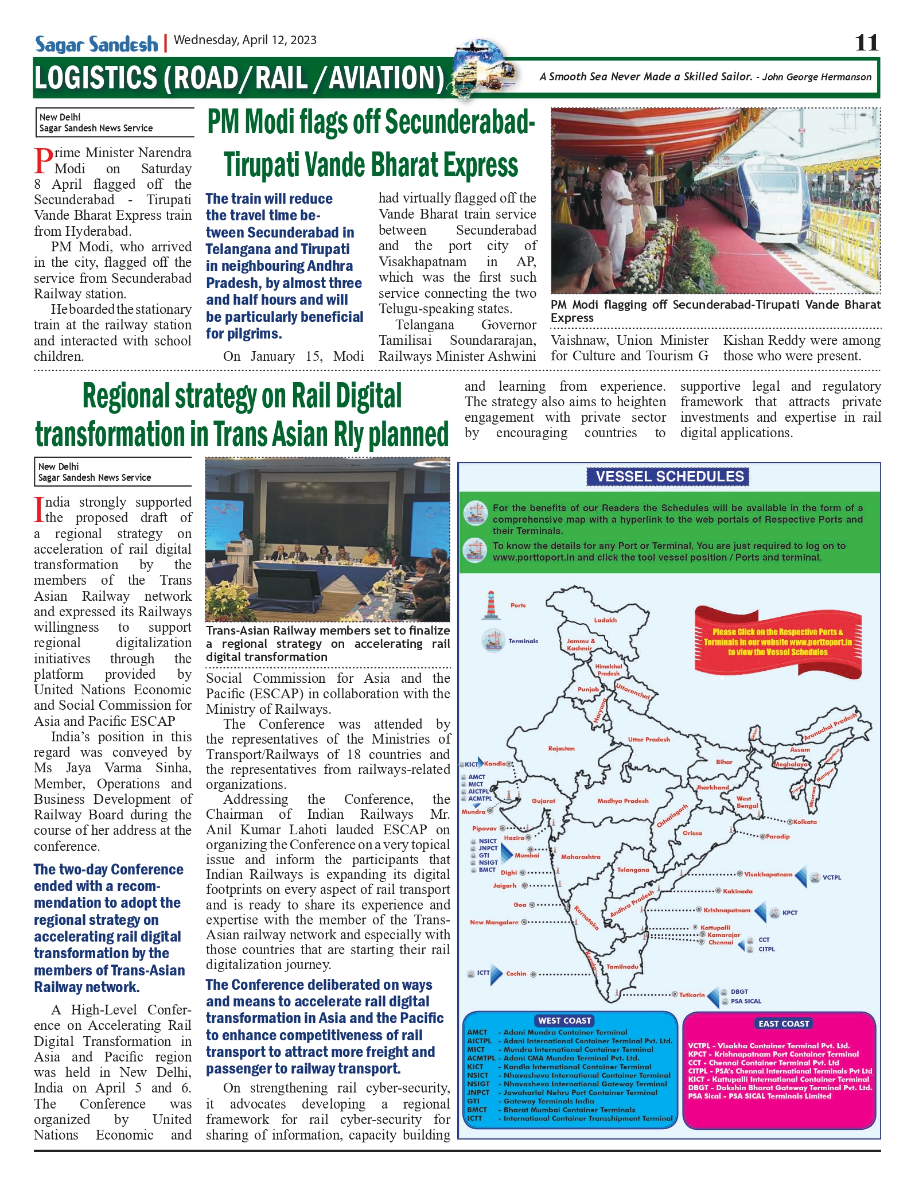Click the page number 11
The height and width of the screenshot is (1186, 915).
click(x=866, y=43)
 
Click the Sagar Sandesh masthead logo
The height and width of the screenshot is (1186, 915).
click(x=96, y=44)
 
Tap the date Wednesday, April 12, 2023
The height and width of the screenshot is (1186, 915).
click(x=245, y=40)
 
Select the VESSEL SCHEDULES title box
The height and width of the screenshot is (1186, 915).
click(x=669, y=477)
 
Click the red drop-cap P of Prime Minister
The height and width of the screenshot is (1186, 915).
click(x=43, y=161)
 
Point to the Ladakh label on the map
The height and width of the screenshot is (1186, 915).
click(x=605, y=620)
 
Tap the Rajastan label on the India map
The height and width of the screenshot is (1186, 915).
click(x=561, y=749)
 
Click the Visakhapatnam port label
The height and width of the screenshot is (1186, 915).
click(x=768, y=874)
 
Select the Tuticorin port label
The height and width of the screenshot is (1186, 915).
click(x=692, y=995)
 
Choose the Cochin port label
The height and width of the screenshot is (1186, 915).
click(x=516, y=974)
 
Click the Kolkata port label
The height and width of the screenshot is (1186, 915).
click(x=805, y=822)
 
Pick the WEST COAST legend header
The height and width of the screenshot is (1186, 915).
click(x=564, y=1021)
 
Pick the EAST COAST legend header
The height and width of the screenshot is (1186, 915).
click(x=783, y=1024)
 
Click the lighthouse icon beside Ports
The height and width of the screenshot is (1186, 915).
click(x=490, y=605)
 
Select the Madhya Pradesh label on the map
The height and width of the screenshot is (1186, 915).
click(x=622, y=801)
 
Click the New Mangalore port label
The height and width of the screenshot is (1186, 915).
click(x=494, y=923)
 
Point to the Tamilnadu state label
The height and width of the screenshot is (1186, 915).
click(x=622, y=967)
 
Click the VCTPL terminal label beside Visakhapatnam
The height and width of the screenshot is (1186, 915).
click(x=831, y=877)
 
